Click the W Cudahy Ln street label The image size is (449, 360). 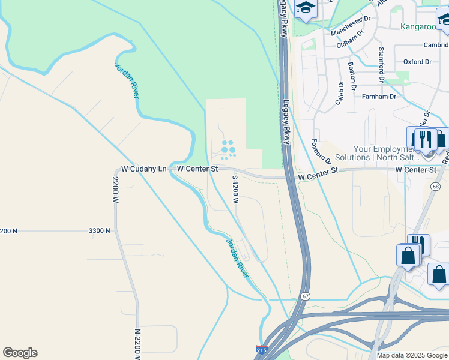point(144,169)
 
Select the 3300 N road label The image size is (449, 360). point(99,230)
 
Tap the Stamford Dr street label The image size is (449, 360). point(381,64)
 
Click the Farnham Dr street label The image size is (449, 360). point(379,96)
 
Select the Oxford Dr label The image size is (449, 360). point(417,62)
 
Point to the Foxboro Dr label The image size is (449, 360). point(321,152)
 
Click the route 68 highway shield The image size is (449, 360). point(435,187)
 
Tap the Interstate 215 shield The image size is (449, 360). point(262,349)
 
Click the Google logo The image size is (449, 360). point(20,353)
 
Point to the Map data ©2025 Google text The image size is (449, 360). point(412,355)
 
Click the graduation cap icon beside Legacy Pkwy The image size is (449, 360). point(306,8)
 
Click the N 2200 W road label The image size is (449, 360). point(138,344)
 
